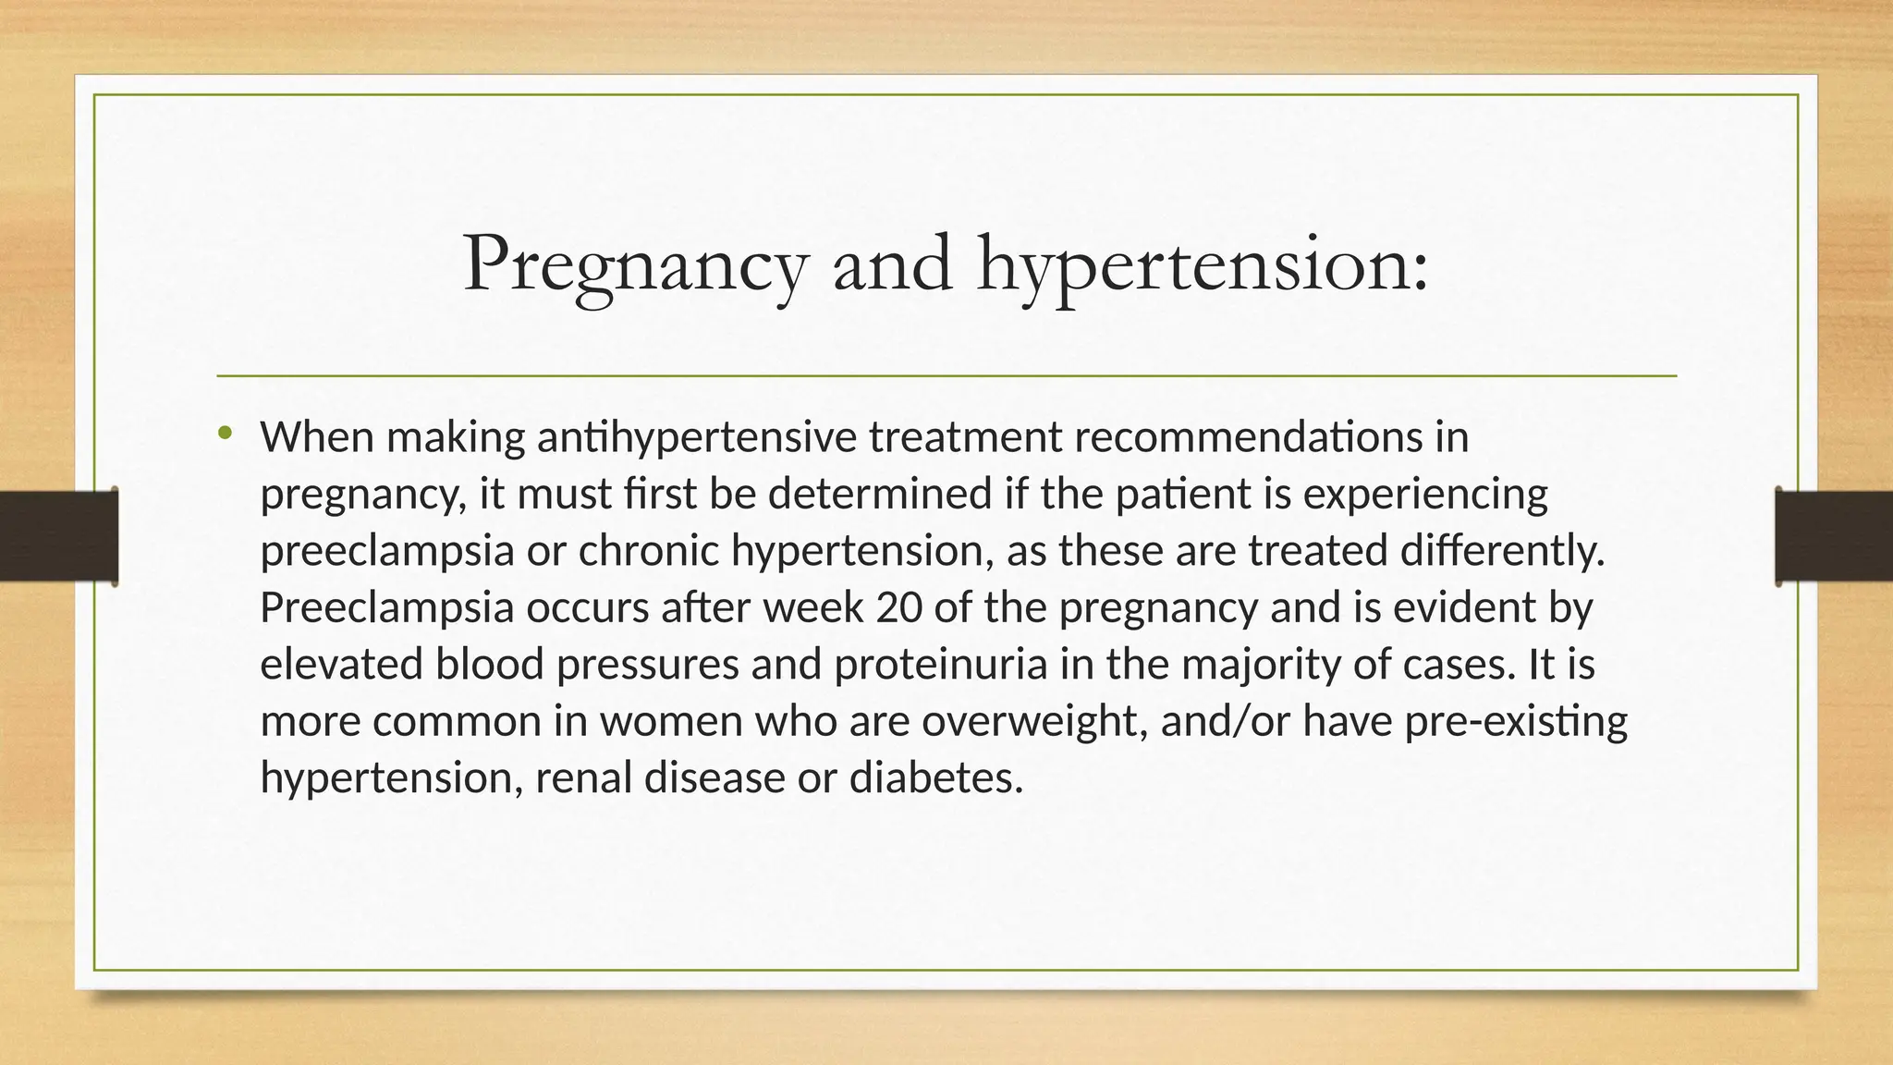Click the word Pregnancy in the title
pos(634,266)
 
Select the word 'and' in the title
pos(892,264)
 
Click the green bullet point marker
pos(225,433)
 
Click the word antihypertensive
pos(696,437)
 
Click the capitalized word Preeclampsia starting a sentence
pos(386,607)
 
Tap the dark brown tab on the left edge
pos(58,536)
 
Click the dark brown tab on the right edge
pos(1834,536)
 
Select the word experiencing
pos(1425,495)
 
